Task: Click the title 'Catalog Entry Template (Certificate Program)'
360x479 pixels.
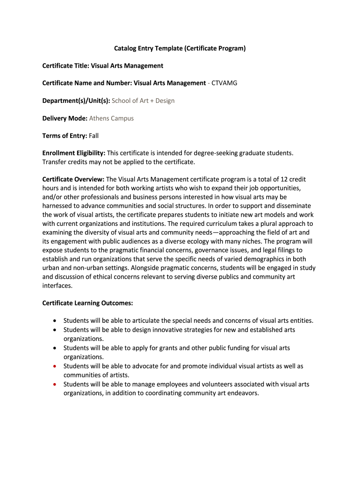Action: (180, 48)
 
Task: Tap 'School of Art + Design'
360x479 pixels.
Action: (143, 101)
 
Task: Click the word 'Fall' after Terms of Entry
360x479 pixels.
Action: (94, 136)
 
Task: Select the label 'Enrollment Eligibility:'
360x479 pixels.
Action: (74, 153)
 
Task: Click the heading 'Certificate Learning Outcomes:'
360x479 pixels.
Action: (88, 303)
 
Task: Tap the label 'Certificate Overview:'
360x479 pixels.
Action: (73, 179)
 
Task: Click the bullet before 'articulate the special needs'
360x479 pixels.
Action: (55, 321)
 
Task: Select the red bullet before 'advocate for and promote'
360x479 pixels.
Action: (55, 366)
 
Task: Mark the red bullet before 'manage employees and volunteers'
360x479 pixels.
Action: (55, 385)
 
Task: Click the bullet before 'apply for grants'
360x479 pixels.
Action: (55, 348)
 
